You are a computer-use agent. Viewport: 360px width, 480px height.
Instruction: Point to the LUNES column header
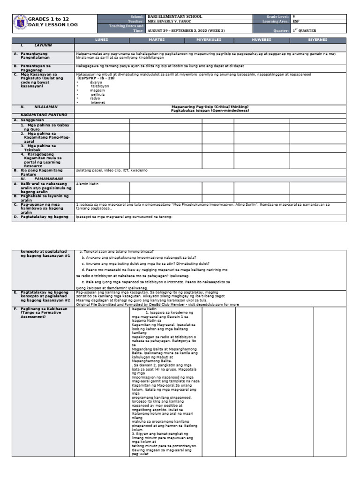102,40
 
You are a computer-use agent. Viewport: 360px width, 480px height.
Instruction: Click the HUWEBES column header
262,40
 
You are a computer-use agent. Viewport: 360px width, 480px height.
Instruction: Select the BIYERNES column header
318,40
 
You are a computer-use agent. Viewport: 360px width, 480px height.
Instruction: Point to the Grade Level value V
294,16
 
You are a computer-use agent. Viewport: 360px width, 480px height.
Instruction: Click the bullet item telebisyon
99,86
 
